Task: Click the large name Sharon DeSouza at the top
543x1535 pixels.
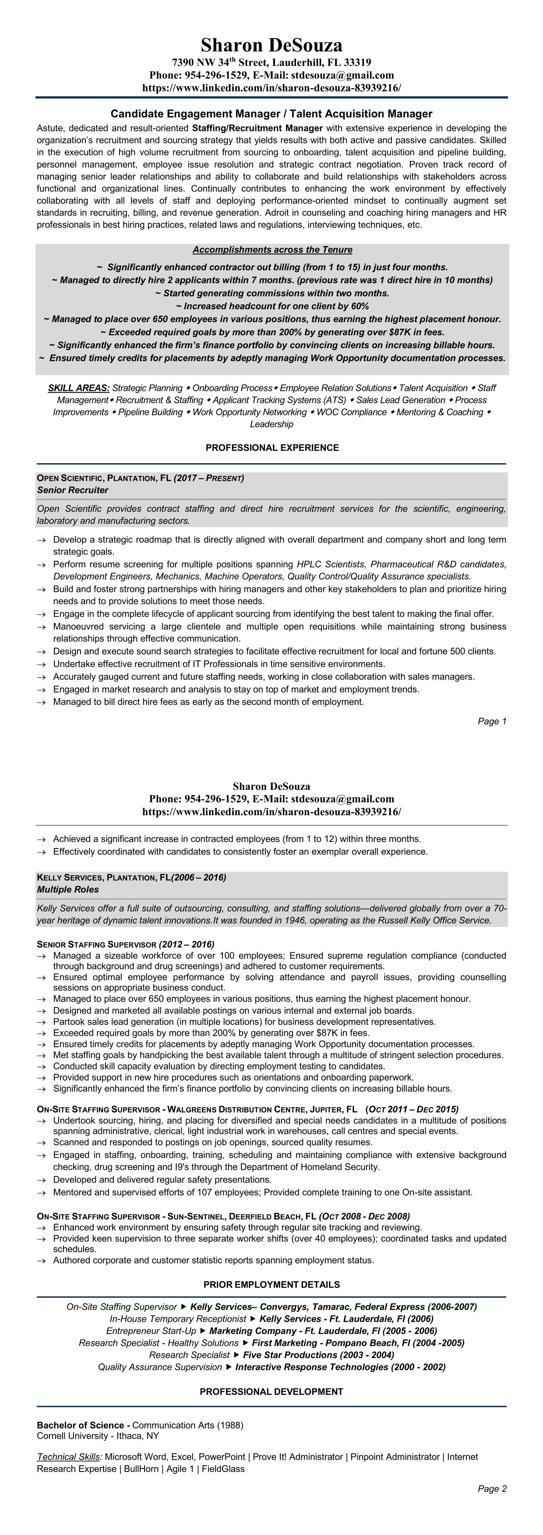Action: pyautogui.click(x=271, y=45)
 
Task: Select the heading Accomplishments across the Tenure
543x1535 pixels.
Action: pyautogui.click(x=272, y=250)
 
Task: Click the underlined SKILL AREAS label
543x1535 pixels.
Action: pyautogui.click(x=79, y=388)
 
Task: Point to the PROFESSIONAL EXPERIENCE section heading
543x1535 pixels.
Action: pyautogui.click(x=272, y=447)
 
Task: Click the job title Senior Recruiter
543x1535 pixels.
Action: pyautogui.click(x=73, y=490)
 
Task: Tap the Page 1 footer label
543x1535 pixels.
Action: pyautogui.click(x=492, y=722)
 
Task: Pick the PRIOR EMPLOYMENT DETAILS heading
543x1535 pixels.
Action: pyautogui.click(x=272, y=1285)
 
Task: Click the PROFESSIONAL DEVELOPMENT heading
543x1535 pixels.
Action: pyautogui.click(x=272, y=1392)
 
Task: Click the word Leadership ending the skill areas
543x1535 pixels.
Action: pyautogui.click(x=272, y=424)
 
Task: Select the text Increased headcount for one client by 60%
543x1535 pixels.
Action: pyautogui.click(x=272, y=306)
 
